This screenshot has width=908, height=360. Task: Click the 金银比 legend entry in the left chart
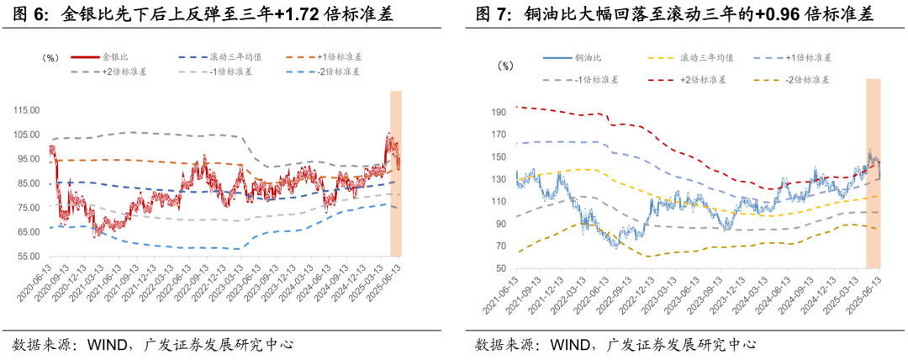[x=110, y=57]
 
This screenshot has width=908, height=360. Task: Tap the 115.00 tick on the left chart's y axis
[x=28, y=109]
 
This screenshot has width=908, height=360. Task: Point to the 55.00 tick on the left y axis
[x=29, y=257]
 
